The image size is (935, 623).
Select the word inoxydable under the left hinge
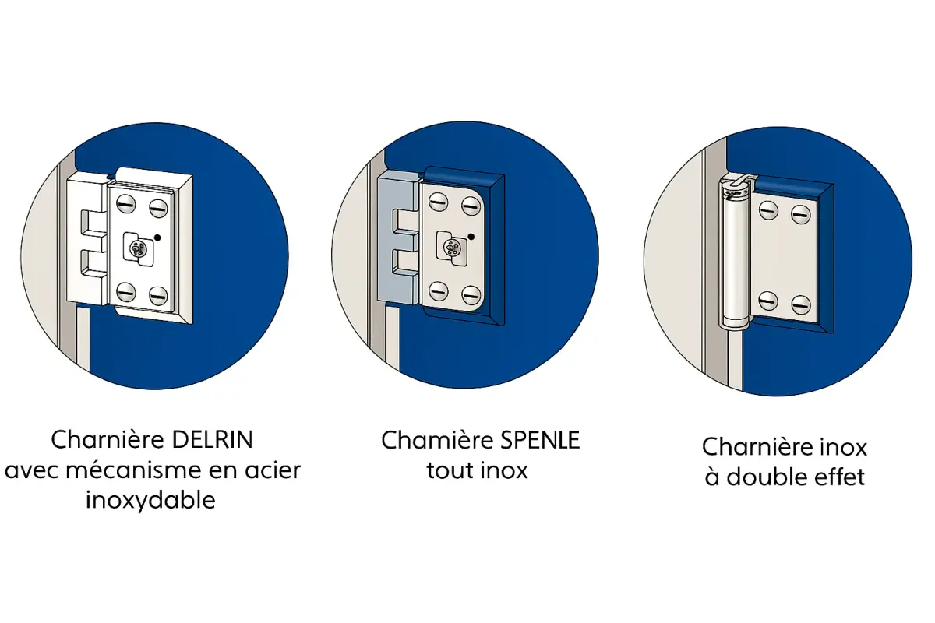150,499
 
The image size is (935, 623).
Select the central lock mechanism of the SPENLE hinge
450,248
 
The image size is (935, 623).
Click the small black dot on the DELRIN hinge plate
158,237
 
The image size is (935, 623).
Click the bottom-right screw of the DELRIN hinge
158,294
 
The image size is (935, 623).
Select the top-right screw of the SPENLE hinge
470,206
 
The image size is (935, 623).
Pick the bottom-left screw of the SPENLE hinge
438,294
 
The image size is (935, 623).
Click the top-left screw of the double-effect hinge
768,210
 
